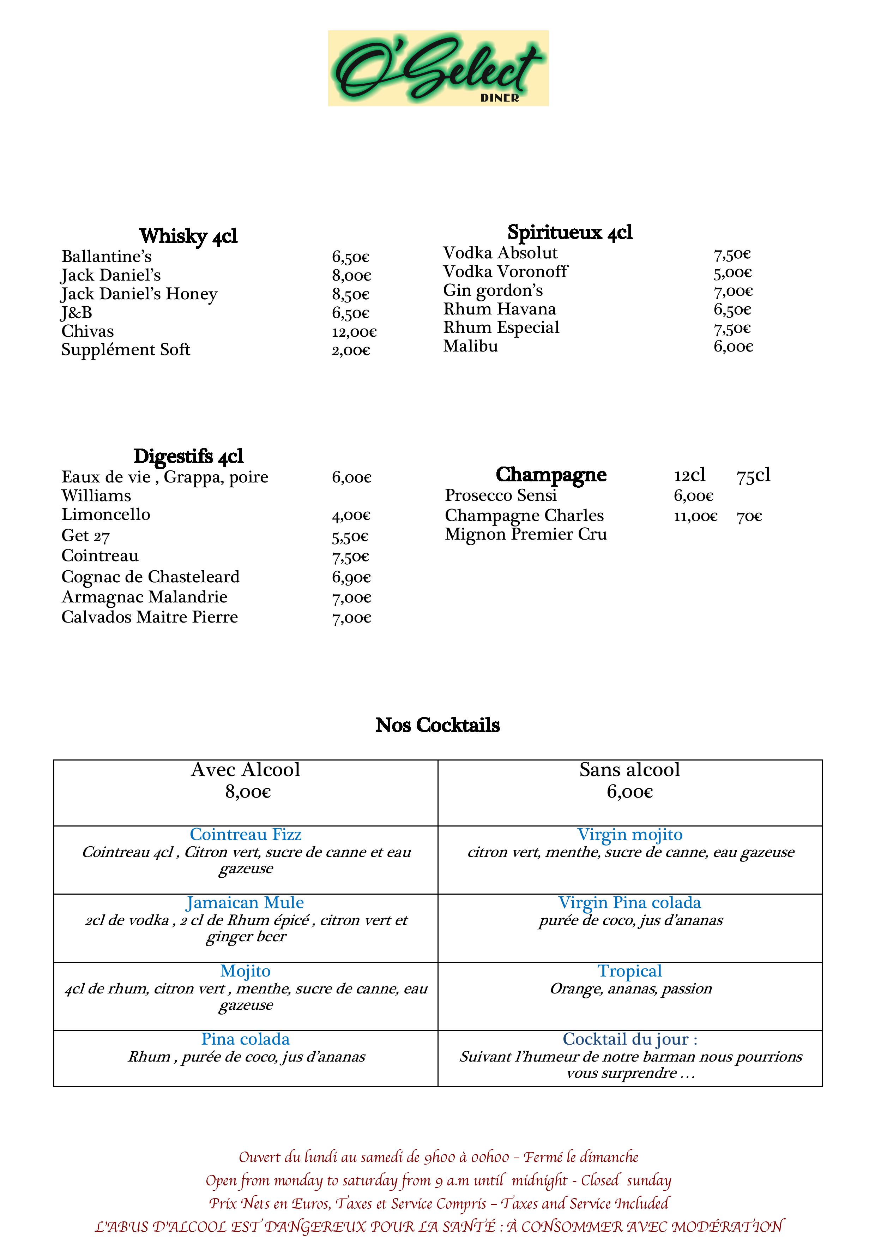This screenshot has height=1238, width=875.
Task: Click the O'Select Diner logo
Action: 438,68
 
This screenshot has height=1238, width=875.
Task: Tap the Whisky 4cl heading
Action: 188,236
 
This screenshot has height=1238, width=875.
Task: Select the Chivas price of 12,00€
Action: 354,332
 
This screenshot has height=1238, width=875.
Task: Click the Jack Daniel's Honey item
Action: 139,294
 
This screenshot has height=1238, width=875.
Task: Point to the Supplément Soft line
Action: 126,350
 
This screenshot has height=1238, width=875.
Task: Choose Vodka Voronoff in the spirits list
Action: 505,271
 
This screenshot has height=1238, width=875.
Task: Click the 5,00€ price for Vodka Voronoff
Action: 732,273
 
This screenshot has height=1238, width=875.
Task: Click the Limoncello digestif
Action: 105,515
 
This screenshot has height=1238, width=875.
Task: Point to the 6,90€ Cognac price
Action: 351,577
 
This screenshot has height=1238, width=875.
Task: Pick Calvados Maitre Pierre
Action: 149,617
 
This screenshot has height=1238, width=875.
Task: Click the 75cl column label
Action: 753,475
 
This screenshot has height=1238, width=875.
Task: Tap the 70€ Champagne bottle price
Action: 749,517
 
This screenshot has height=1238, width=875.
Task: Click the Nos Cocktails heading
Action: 437,725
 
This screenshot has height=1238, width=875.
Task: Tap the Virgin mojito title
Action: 630,835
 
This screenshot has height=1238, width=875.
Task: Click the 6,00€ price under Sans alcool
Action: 630,792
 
